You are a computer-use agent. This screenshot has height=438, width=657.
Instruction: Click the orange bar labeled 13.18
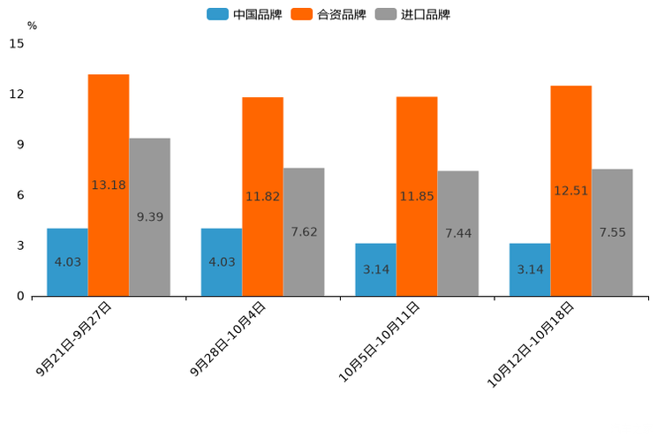tap(109, 185)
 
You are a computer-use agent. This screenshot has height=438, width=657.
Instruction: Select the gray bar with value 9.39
tap(149, 216)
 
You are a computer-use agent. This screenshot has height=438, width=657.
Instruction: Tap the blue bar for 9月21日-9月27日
tap(67, 261)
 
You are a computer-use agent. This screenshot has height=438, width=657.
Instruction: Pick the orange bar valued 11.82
tap(262, 196)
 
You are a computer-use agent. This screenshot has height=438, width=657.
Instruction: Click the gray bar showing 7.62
tap(304, 231)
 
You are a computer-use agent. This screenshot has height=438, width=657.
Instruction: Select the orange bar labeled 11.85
tap(417, 196)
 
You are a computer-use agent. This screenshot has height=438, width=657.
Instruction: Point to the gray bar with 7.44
tap(457, 233)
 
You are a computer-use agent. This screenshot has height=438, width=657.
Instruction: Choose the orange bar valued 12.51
tap(570, 190)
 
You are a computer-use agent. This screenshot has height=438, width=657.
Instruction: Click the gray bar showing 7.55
tap(612, 232)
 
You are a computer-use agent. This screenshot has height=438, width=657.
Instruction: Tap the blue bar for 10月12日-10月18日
tap(530, 269)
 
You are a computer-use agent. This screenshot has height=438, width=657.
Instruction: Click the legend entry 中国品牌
tap(245, 14)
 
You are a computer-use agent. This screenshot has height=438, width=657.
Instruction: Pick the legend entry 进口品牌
tap(412, 14)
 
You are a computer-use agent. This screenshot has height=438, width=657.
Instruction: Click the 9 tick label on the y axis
tap(19, 144)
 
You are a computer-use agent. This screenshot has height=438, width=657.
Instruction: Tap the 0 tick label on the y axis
tap(19, 296)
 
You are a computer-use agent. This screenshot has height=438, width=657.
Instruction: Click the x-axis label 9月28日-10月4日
tap(228, 339)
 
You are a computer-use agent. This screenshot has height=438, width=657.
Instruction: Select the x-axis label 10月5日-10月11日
tap(380, 342)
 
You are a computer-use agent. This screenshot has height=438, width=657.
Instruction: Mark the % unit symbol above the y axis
tap(32, 26)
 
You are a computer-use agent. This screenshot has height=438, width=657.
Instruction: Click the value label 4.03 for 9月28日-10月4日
tap(222, 261)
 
